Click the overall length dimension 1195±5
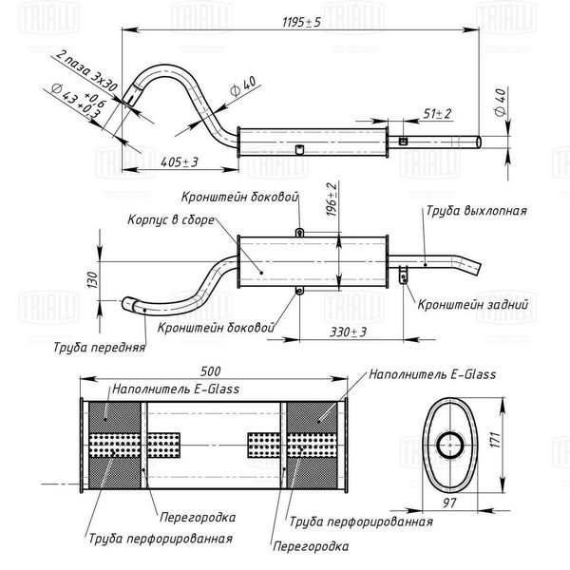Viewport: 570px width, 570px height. (301, 23)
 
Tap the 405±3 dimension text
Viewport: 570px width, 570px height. (180, 162)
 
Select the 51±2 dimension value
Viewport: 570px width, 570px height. (437, 114)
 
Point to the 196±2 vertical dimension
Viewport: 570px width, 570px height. (332, 199)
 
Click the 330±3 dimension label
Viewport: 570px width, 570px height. (349, 332)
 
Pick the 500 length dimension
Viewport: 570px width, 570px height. (211, 371)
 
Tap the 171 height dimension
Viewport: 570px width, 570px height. (496, 440)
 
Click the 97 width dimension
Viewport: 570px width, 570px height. (449, 503)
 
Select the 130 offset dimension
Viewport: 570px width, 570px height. (93, 279)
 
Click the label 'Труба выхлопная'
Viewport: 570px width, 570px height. (476, 211)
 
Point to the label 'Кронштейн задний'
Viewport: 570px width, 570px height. (472, 305)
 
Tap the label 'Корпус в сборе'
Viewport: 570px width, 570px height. (171, 220)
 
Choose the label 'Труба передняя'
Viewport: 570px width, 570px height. (99, 348)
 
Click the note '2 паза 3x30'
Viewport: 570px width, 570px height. (86, 70)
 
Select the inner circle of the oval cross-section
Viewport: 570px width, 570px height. (450, 445)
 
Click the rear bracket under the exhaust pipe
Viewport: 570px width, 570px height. (403, 275)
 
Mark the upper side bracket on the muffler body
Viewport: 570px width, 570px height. (299, 232)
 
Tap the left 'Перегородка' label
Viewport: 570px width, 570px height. (198, 517)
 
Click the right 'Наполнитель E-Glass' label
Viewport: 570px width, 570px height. (432, 374)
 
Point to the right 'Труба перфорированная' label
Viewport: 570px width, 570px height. (361, 522)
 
